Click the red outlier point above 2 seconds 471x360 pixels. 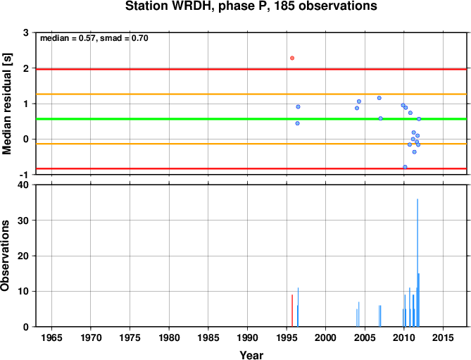[292, 58]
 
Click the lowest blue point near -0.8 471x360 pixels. [405, 167]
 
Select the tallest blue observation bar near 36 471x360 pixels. [417, 263]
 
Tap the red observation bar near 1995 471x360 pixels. [292, 311]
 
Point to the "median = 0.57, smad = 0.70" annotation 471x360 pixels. [94, 38]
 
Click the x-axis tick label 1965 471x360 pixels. [51, 337]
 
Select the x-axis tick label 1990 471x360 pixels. [247, 337]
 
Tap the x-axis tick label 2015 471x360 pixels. [443, 337]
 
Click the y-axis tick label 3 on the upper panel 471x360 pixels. [26, 32]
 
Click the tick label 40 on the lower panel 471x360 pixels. [23, 185]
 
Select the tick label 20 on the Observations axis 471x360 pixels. [23, 256]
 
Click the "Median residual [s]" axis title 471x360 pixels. [7, 104]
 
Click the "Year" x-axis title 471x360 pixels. [251, 355]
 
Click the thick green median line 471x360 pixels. [251, 119]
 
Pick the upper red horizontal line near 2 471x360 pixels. [251, 70]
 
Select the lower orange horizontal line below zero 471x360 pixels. [251, 144]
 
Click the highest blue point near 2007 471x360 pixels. [379, 98]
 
